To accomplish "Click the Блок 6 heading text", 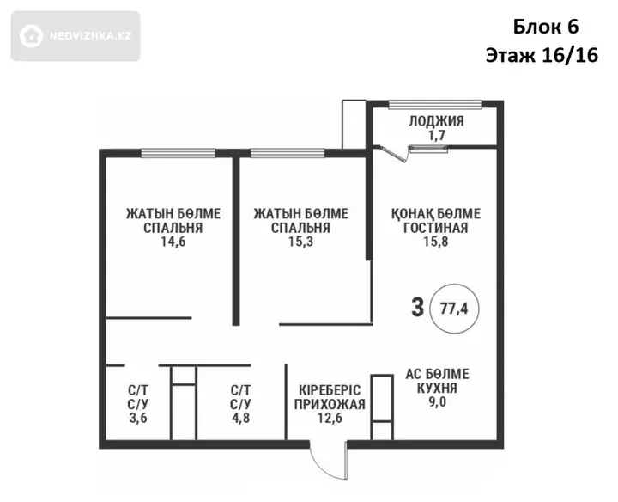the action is (x=546, y=27).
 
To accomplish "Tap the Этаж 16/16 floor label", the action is (x=542, y=55).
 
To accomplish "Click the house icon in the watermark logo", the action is (x=31, y=36).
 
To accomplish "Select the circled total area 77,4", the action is (x=454, y=309).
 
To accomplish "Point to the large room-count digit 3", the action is (x=418, y=308).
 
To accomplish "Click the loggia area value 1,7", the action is (x=437, y=135).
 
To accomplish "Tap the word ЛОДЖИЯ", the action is (x=436, y=121).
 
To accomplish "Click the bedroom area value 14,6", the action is (x=173, y=242).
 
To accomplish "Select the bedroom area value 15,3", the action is (x=300, y=242).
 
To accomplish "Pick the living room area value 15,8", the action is (x=436, y=242).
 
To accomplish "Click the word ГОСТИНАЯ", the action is (x=436, y=228).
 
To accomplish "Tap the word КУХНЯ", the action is (x=437, y=389).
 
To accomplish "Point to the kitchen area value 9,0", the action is (x=437, y=402).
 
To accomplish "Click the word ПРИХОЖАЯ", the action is (x=330, y=405).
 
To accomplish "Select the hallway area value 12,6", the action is (x=330, y=418).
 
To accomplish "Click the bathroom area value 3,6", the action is (x=138, y=418).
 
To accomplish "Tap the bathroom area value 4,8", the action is (x=241, y=418).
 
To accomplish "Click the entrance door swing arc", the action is (x=320, y=468).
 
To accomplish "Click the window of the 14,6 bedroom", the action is (x=179, y=153).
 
